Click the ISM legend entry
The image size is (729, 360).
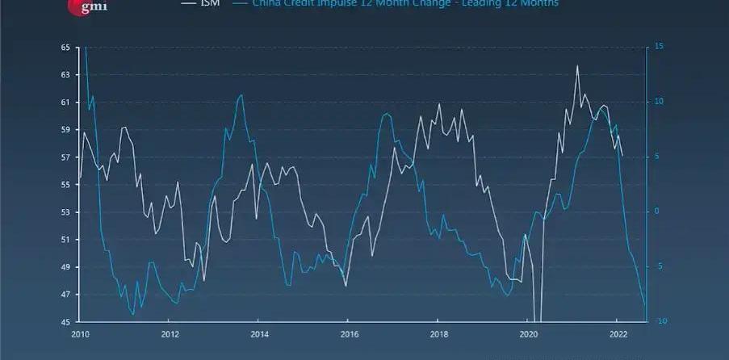(208, 3)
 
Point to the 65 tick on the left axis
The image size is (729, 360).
(65, 48)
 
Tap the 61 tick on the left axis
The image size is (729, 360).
(65, 103)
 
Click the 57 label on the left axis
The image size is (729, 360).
(65, 157)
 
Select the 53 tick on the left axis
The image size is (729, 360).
(65, 212)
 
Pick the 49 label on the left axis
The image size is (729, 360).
(65, 267)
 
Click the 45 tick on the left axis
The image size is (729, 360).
(65, 322)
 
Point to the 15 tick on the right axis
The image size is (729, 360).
(659, 48)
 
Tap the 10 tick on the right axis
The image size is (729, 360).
(659, 103)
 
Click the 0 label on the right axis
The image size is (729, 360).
(656, 212)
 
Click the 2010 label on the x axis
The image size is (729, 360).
(80, 333)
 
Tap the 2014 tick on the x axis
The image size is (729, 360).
(259, 333)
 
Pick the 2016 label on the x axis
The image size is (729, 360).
(349, 333)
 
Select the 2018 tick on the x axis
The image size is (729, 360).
(438, 333)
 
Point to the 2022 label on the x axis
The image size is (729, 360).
(618, 333)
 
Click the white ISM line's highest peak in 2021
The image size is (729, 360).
(577, 66)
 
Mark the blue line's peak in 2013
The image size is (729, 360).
(241, 95)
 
